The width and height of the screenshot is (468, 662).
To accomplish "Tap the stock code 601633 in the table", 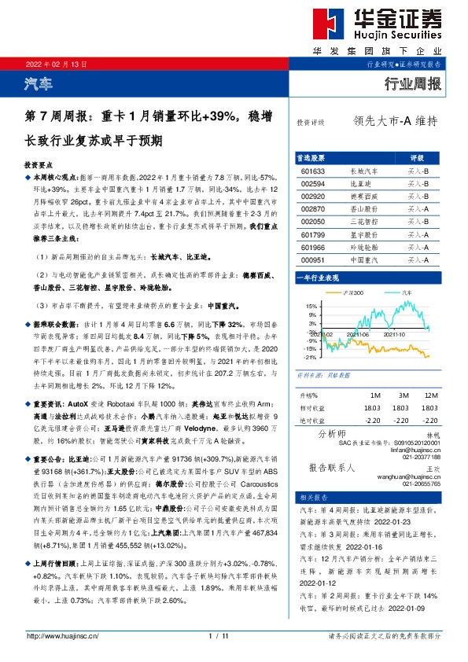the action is click(x=312, y=170).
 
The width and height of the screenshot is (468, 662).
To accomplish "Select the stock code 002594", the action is click(x=312, y=182).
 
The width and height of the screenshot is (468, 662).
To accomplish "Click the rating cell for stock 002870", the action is click(x=417, y=208).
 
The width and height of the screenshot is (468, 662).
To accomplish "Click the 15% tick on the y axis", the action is click(x=311, y=306).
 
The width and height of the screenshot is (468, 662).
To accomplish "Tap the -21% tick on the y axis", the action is click(x=310, y=357).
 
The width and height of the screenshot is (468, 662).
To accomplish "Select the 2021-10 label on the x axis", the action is click(x=394, y=334).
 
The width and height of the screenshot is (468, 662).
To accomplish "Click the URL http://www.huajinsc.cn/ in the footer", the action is click(x=57, y=636).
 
